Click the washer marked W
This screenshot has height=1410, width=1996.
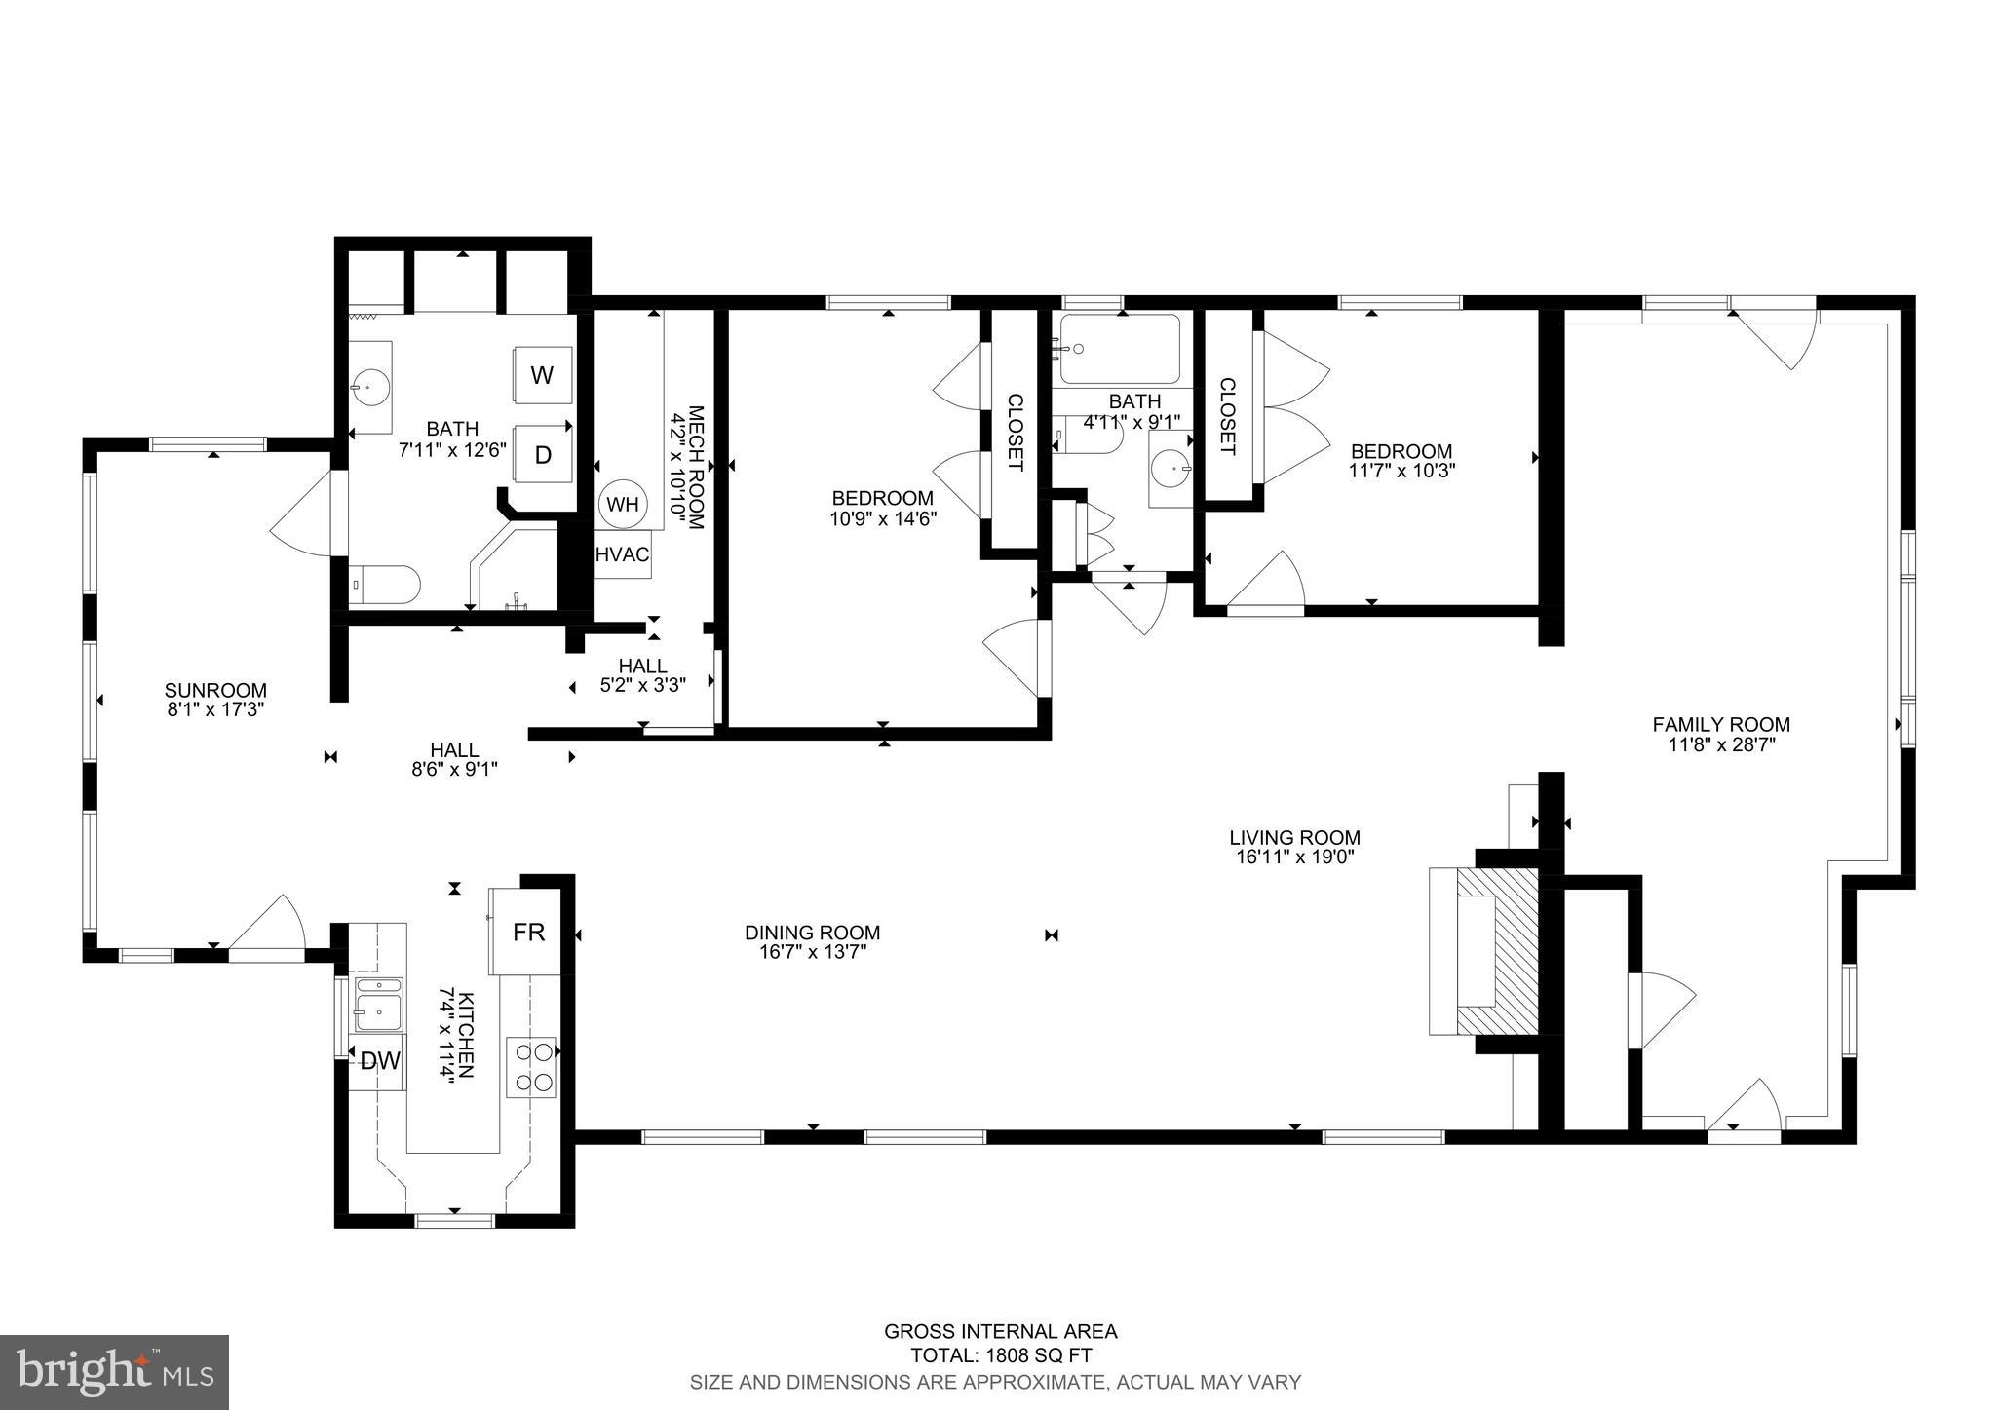tap(542, 374)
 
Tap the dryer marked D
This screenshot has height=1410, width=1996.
tap(542, 454)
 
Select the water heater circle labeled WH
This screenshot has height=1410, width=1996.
tap(623, 504)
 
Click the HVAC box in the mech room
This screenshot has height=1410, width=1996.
tap(622, 554)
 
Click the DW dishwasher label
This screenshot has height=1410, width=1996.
tap(380, 1061)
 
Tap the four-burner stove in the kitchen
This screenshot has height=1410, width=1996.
tap(531, 1067)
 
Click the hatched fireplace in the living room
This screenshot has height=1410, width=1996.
tap(1496, 950)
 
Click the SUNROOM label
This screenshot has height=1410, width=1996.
tap(215, 691)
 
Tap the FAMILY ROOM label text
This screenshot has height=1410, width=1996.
tap(1721, 724)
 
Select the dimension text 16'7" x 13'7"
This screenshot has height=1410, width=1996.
tap(813, 951)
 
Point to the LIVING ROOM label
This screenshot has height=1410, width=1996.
tap(1294, 837)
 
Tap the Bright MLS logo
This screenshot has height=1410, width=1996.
tap(114, 1372)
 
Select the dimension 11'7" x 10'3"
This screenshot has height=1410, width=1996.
tap(1401, 471)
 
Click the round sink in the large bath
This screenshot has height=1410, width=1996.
tap(370, 387)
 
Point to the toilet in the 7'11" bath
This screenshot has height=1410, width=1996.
tap(385, 585)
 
